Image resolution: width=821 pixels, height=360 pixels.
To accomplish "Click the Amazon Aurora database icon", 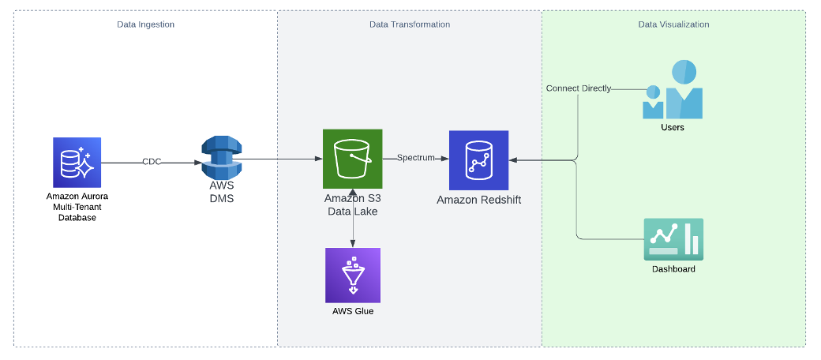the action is (77, 162).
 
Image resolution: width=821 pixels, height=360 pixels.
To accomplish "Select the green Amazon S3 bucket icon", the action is (352, 159).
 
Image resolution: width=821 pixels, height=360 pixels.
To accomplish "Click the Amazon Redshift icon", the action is (478, 160).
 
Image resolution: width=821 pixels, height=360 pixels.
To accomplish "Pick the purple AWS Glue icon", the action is (353, 276).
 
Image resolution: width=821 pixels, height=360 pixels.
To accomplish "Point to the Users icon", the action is (673, 89).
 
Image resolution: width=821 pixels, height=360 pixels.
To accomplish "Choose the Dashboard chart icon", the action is (673, 239).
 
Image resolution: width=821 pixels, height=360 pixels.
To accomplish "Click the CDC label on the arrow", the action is (152, 162).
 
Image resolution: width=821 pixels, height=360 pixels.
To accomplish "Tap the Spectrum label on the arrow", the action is (416, 158).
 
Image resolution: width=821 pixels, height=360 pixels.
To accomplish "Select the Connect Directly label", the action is (579, 88).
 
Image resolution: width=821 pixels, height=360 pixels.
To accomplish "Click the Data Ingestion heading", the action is (145, 24).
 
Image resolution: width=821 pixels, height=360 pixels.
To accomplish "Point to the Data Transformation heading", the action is (410, 24).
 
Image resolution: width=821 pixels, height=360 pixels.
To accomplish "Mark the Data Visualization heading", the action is (674, 24).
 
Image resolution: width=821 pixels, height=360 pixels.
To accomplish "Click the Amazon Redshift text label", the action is (479, 200).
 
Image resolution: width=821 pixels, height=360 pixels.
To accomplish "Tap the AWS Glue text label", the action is (353, 311).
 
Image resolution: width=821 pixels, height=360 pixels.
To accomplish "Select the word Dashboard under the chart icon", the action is (673, 269).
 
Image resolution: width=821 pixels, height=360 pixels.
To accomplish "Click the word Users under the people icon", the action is (673, 127).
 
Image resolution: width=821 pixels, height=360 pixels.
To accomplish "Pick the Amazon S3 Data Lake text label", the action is (352, 205).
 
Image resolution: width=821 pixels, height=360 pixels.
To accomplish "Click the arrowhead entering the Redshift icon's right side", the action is (512, 160).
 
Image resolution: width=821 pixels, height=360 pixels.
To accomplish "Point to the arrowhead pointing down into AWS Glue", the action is (353, 243).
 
